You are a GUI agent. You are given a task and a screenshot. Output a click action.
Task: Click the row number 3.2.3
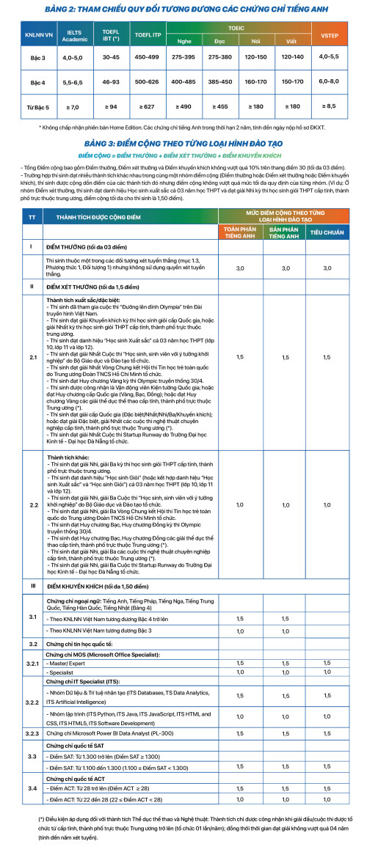click(x=33, y=711)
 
